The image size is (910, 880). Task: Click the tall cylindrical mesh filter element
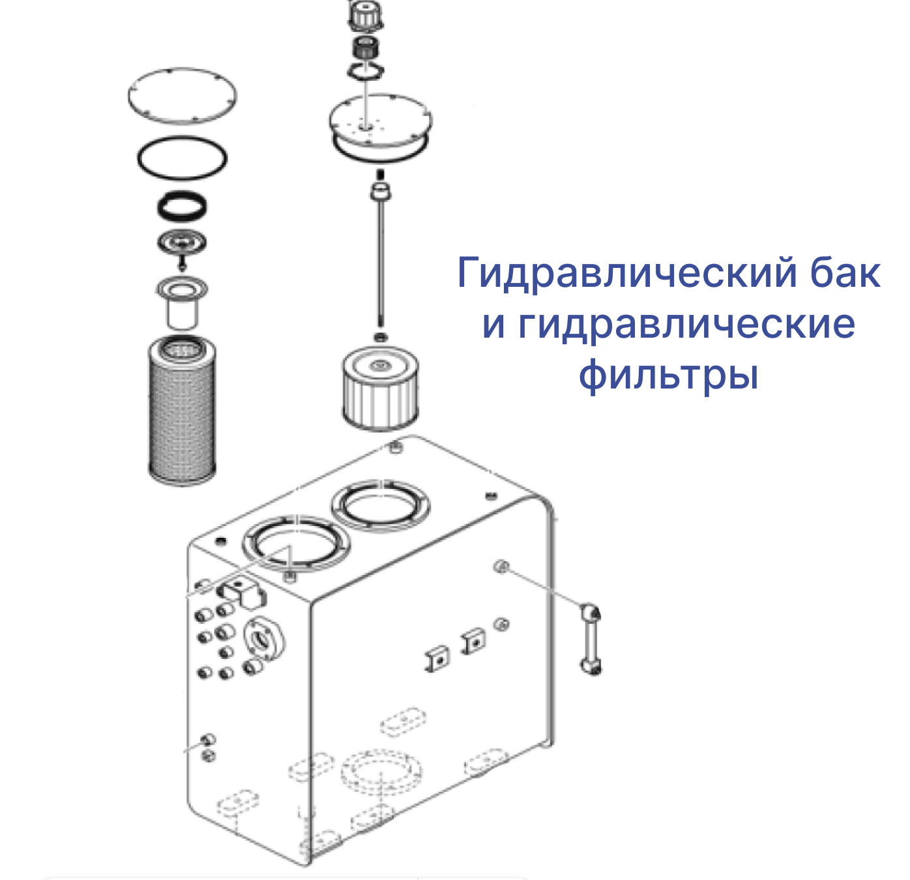click(x=182, y=411)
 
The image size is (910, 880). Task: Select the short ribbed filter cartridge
click(x=380, y=387)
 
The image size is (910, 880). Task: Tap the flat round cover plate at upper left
click(x=183, y=96)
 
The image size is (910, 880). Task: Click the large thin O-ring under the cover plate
click(x=183, y=138)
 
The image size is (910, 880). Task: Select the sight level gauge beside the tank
click(x=591, y=639)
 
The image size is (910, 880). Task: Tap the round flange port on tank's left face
click(x=265, y=639)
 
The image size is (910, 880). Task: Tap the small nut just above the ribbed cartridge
click(x=380, y=337)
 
